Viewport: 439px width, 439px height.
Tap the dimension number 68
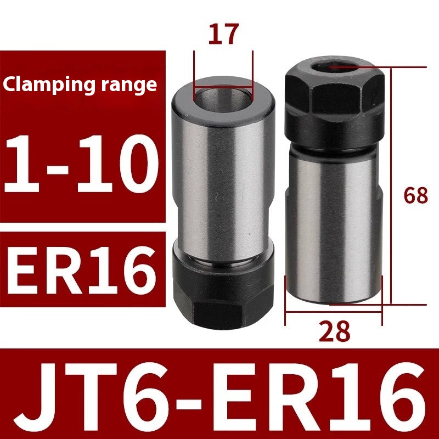pyautogui.click(x=415, y=195)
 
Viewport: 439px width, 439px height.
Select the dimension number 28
pyautogui.click(x=334, y=331)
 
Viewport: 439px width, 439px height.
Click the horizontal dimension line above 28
pyautogui.click(x=334, y=311)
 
